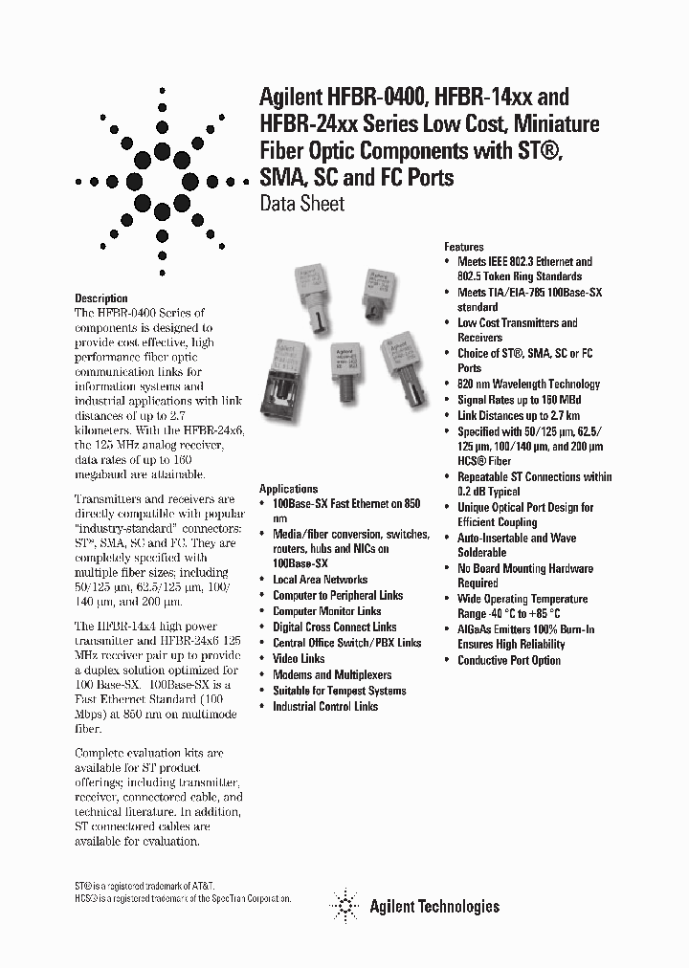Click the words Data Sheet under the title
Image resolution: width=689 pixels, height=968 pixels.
coord(301,204)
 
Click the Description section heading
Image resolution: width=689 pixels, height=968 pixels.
coord(100,298)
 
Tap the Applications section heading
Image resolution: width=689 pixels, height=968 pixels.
coord(288,489)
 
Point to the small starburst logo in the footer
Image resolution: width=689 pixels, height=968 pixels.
coord(341,904)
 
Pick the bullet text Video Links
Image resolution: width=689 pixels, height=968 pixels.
coord(299,659)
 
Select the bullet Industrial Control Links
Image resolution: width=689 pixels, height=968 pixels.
coord(325,707)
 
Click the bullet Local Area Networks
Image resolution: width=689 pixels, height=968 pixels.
coord(320,580)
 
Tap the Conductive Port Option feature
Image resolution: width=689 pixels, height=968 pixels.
coord(509,661)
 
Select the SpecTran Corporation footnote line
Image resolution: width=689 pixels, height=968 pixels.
coord(182,901)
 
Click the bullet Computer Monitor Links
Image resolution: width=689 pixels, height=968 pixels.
coord(326,611)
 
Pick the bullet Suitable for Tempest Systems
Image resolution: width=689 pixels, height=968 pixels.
coord(339,691)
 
